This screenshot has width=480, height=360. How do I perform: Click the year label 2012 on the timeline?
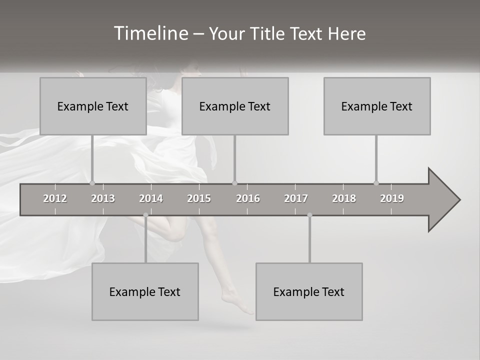[55, 198]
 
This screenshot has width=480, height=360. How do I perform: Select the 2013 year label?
[103, 198]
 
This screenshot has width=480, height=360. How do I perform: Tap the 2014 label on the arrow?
[151, 198]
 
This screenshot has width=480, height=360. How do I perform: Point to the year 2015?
[199, 198]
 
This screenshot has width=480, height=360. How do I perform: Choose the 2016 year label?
[248, 198]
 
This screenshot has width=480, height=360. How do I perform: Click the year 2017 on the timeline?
[296, 198]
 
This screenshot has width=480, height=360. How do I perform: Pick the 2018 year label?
[344, 198]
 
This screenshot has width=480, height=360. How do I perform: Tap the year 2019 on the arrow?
[392, 198]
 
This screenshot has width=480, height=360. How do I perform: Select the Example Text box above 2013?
[93, 106]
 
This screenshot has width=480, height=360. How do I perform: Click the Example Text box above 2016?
[235, 106]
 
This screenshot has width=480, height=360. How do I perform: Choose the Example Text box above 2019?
[377, 106]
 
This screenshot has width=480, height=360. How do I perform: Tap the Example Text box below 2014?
[145, 291]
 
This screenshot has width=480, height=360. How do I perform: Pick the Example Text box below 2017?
[309, 291]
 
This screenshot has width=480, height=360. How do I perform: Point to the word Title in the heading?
[269, 33]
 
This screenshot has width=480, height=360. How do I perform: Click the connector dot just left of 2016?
[235, 183]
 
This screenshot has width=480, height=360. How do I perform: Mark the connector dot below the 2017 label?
[309, 215]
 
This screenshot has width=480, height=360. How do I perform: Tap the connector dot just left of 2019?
[376, 183]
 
